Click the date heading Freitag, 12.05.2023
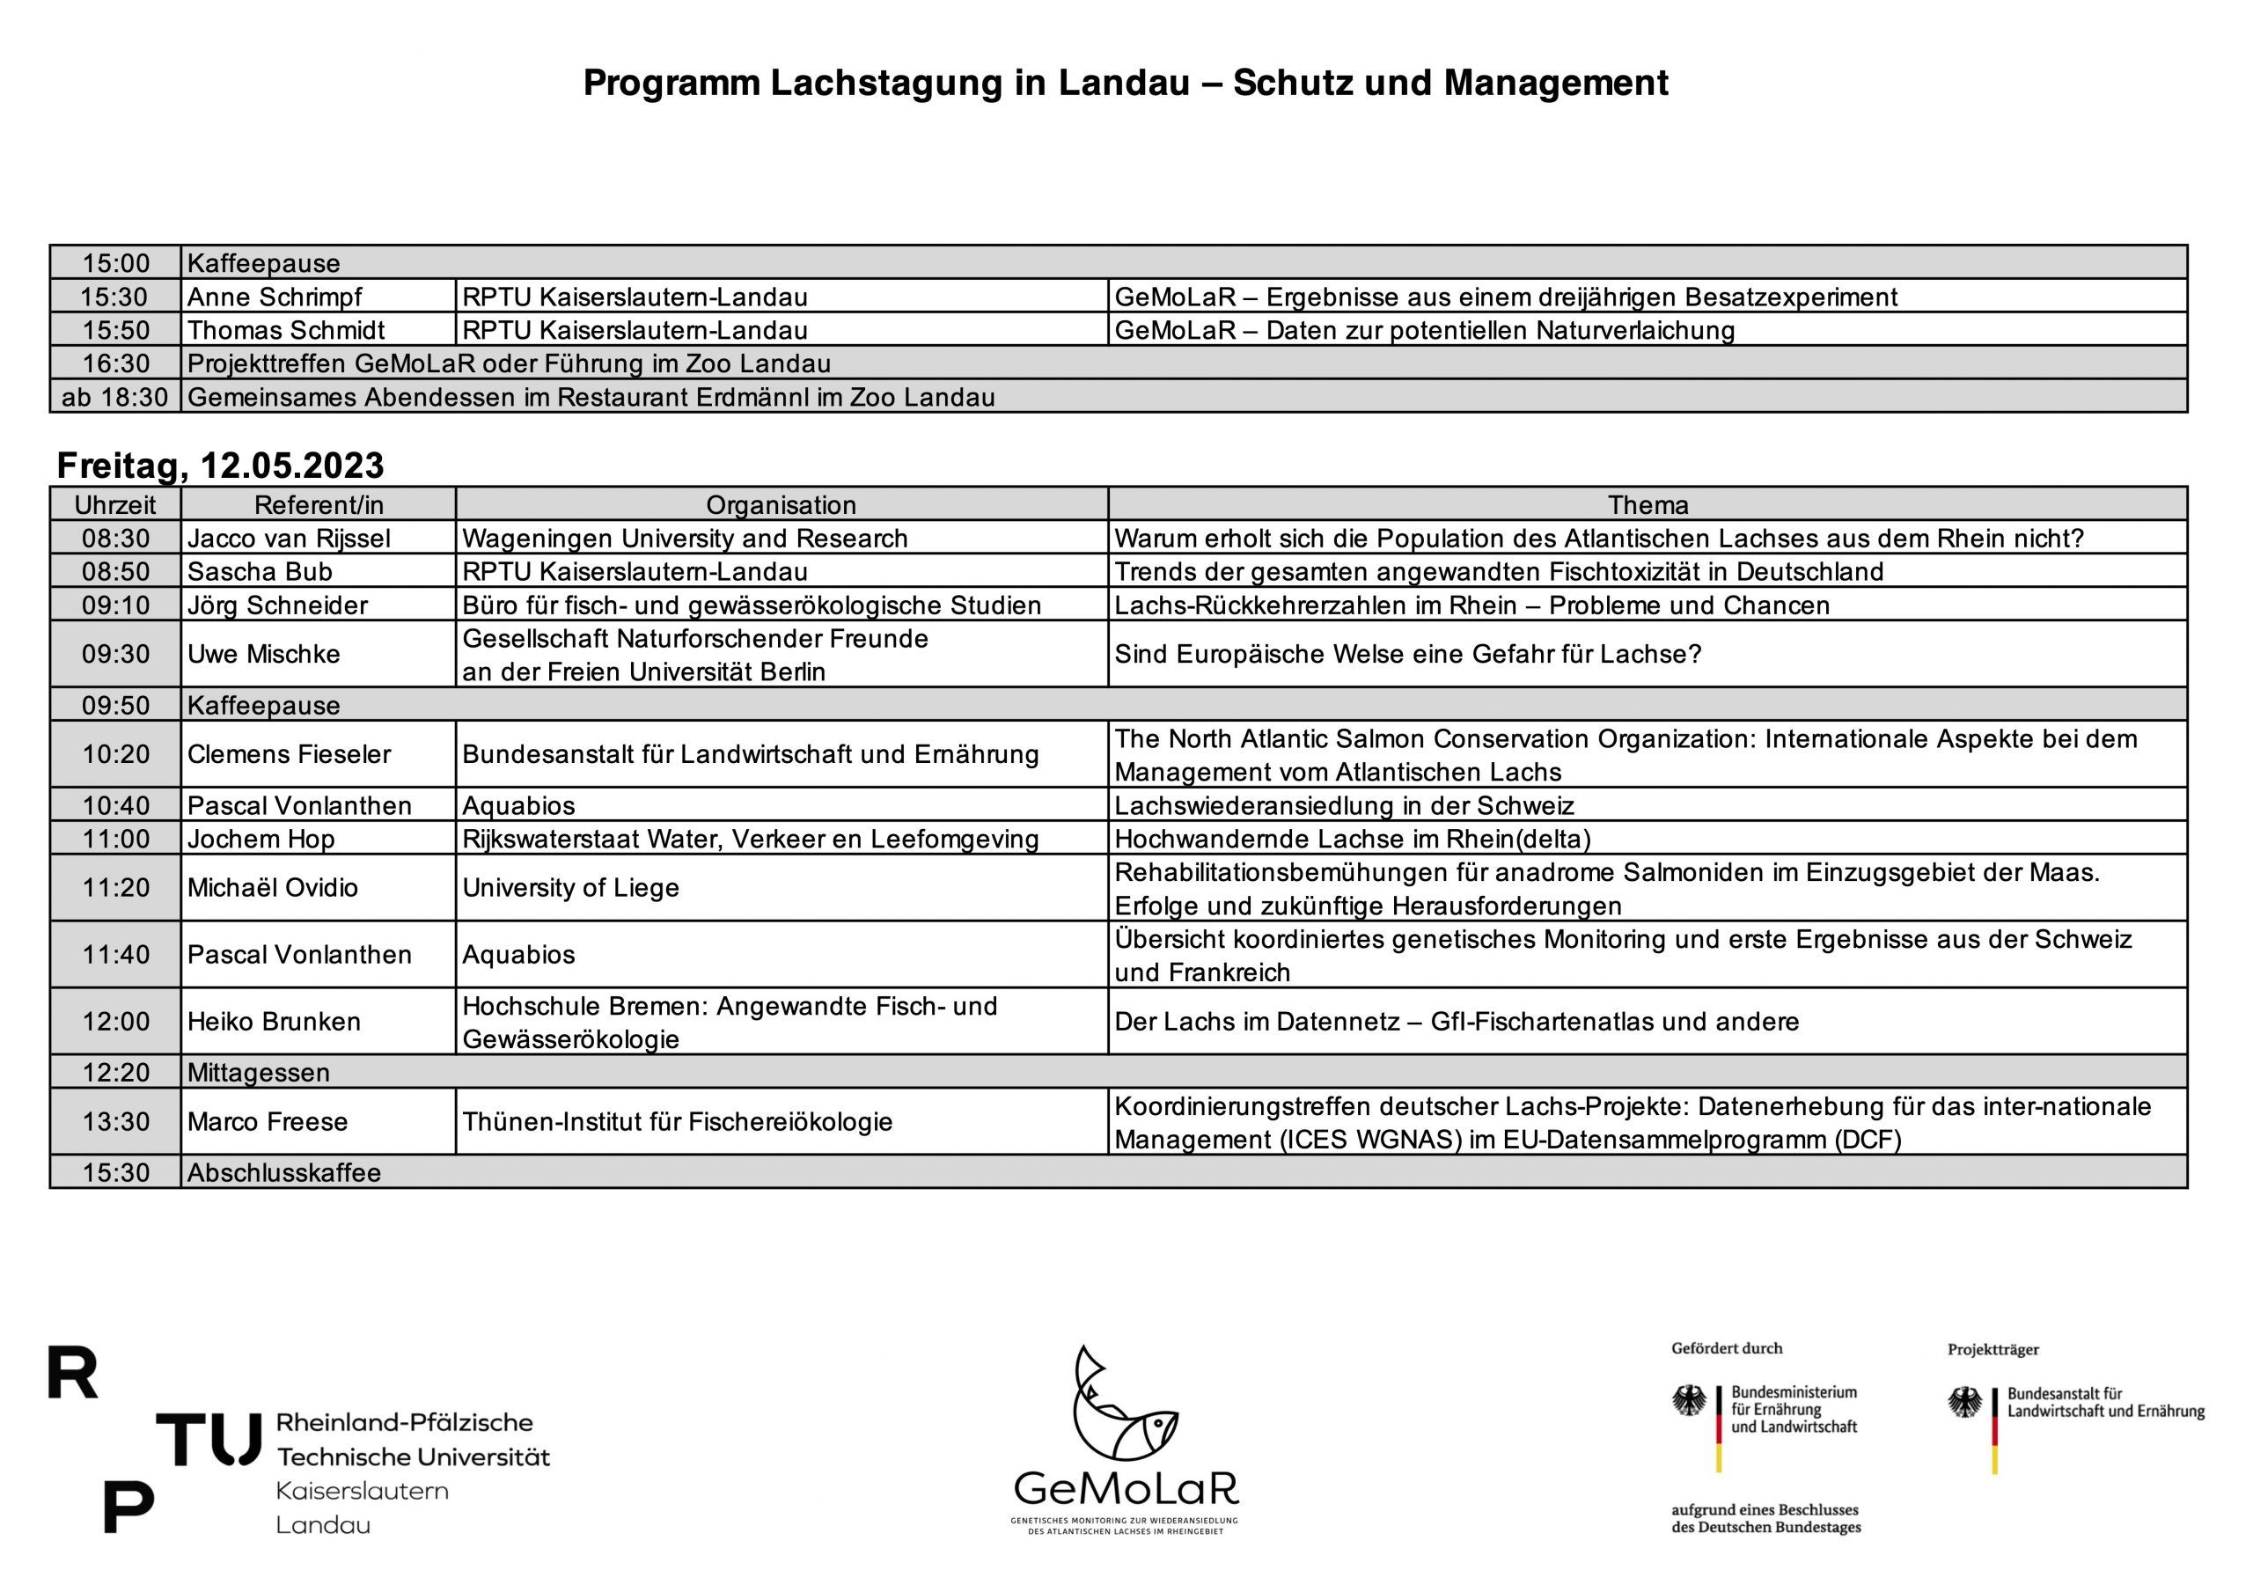220,466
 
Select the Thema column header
1648,504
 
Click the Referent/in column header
318,504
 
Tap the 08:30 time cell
116,538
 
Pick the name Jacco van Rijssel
289,538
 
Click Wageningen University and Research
684,538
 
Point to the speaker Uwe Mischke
263,654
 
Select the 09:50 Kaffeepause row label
263,705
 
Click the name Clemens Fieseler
289,754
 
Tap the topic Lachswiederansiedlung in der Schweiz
1343,806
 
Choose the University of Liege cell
570,887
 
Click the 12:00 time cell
116,1021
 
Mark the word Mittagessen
258,1072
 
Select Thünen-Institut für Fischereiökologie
677,1121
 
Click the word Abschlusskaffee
283,1172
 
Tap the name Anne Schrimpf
274,297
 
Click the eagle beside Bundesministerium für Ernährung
1689,1401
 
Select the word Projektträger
1993,1350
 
